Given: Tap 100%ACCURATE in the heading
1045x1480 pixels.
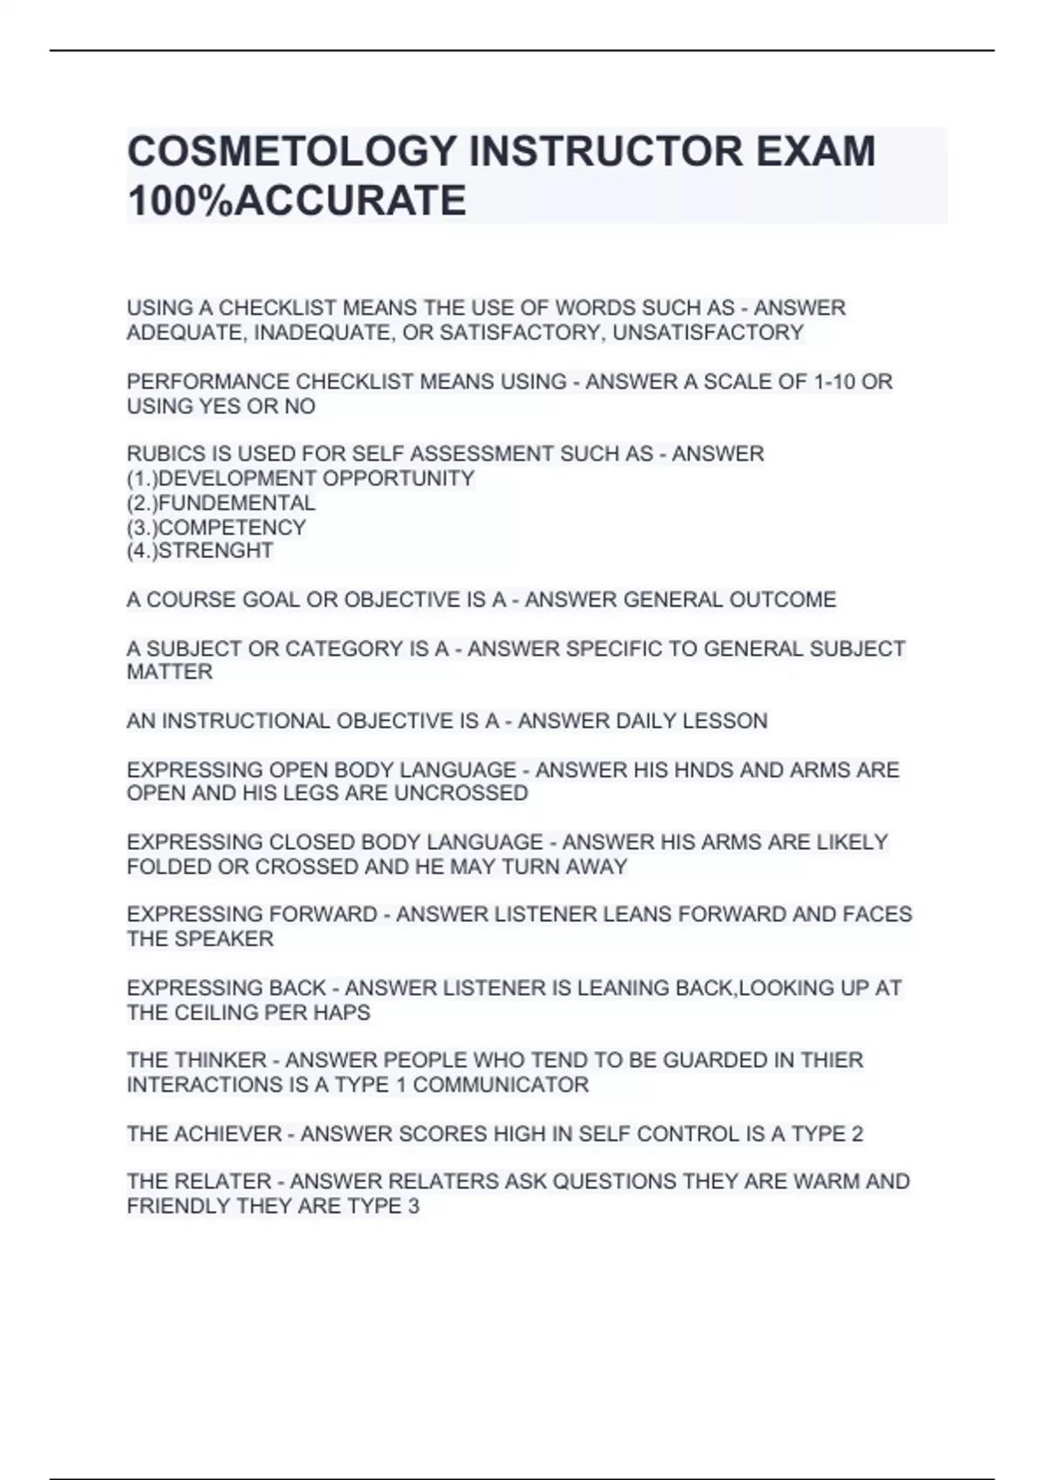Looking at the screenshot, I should [296, 201].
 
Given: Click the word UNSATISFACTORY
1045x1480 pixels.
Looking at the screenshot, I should [708, 333].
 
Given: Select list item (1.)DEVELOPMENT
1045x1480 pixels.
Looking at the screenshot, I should [221, 479].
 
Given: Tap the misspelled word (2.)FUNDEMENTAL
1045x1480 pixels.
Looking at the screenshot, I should [221, 503].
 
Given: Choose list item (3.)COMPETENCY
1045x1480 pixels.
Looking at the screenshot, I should [216, 528].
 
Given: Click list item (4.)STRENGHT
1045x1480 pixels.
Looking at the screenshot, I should [200, 551].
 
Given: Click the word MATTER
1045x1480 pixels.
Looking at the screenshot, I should [169, 672].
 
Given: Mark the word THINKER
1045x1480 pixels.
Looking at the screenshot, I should [220, 1060].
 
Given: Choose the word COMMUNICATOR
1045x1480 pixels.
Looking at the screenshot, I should [501, 1085].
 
